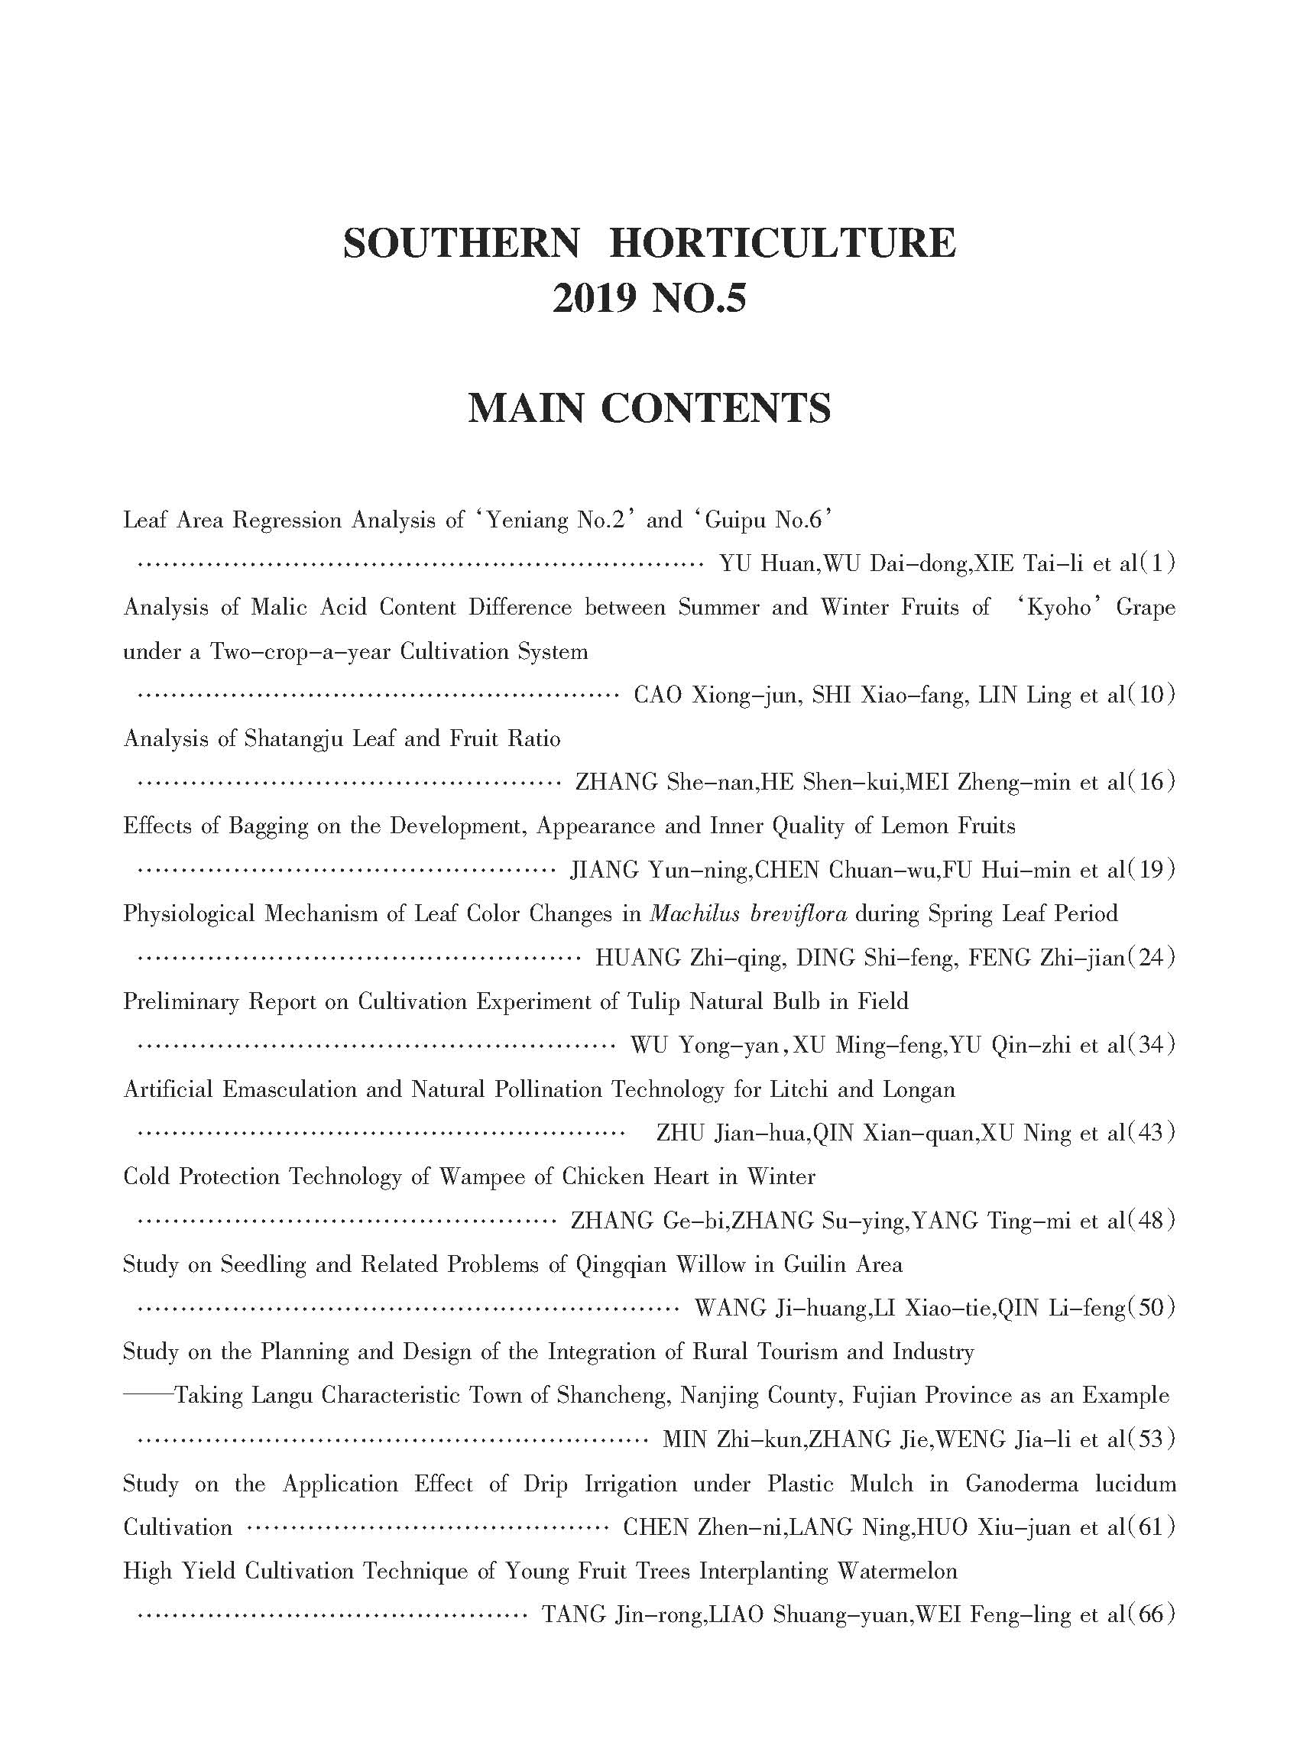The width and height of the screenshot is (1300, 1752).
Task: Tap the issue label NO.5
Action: click(x=699, y=299)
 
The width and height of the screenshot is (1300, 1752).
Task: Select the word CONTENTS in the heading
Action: click(x=715, y=408)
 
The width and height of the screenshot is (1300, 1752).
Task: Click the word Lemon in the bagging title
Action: click(x=915, y=826)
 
